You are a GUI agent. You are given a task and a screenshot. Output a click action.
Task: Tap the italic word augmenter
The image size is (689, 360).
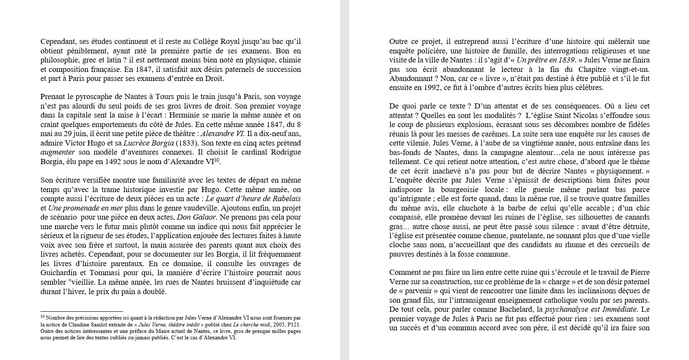point(58,152)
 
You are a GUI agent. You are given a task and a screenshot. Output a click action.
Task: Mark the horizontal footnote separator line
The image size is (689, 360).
point(82,311)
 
